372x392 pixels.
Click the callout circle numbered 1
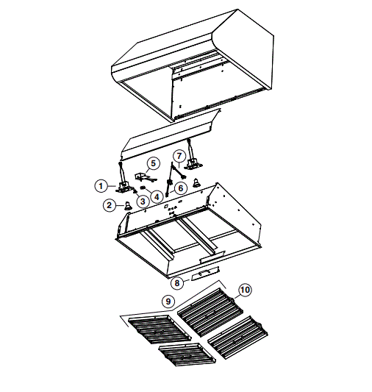101,185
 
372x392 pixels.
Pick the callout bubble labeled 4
157,195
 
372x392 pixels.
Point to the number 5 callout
153,163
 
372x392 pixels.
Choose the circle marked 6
181,188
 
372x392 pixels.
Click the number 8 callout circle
177,282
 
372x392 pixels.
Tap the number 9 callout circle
169,301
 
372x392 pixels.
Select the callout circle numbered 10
244,290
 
